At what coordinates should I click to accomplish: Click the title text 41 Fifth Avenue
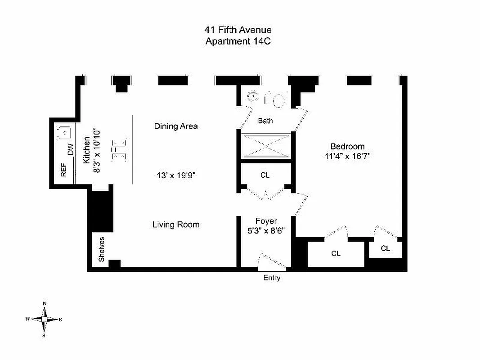pos(238,31)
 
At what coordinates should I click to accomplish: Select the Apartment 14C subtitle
pos(238,41)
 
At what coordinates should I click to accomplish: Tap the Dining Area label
pos(176,126)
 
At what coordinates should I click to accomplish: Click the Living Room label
pos(176,225)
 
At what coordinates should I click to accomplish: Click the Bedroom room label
pos(347,147)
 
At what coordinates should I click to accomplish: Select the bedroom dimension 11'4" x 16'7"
pos(347,157)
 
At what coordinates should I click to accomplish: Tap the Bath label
pos(265,121)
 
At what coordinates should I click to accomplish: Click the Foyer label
pos(266,221)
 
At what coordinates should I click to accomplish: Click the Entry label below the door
pos(272,278)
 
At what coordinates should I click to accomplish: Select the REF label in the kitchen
pos(63,170)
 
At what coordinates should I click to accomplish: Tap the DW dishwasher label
pos(71,150)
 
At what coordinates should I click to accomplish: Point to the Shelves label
pos(102,249)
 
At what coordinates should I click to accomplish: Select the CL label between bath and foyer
pos(265,175)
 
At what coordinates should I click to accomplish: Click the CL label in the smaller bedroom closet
pos(386,248)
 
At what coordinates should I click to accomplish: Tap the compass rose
pos(44,319)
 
